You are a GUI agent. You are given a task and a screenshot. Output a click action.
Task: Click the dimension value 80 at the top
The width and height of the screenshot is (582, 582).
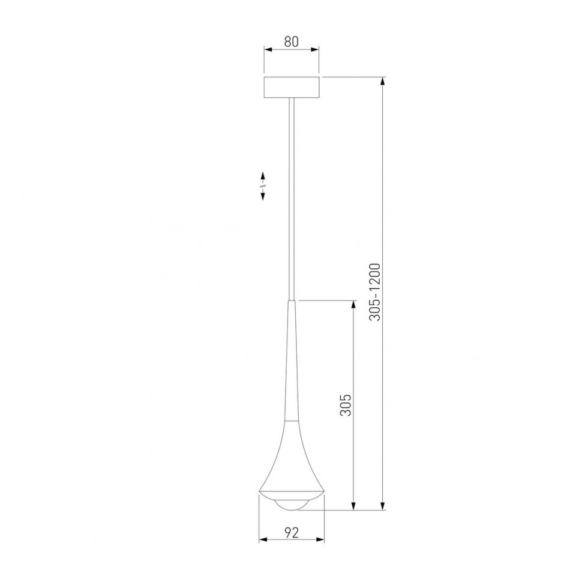coord(291,42)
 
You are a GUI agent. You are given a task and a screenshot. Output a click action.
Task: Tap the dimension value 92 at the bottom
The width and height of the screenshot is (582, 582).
coord(291,531)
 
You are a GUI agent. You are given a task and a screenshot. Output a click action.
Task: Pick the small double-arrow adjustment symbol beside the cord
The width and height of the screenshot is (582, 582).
coord(263,187)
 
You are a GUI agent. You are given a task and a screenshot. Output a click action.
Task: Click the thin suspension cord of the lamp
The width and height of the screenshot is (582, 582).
coord(292,198)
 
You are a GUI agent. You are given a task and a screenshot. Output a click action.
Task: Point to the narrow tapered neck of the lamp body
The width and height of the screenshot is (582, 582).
coord(292,360)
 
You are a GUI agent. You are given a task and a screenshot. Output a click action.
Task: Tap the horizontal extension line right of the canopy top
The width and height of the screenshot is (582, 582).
coord(354,76)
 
